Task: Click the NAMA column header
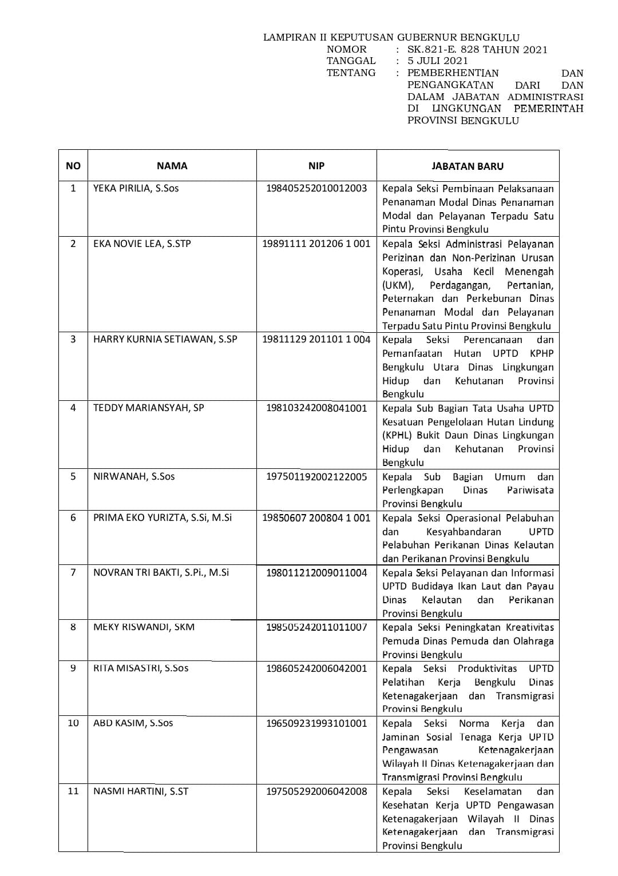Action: point(172,166)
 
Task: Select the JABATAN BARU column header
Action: point(468,166)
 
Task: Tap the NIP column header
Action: point(316,166)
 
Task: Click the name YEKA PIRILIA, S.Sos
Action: point(136,188)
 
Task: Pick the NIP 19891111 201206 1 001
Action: point(316,244)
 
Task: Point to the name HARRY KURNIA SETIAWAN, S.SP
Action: point(165,339)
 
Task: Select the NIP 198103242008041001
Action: point(316,408)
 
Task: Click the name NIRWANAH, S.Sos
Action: point(134,476)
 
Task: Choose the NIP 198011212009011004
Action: point(316,572)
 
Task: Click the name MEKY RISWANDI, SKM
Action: point(144,627)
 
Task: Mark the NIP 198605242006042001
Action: point(316,668)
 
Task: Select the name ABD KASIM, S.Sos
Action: point(133,723)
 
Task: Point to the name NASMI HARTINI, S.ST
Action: point(141,791)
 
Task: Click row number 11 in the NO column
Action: point(73,791)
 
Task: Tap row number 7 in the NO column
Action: point(73,572)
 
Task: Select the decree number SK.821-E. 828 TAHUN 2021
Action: point(477,49)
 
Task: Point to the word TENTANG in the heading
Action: point(351,73)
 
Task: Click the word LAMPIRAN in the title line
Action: point(289,38)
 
